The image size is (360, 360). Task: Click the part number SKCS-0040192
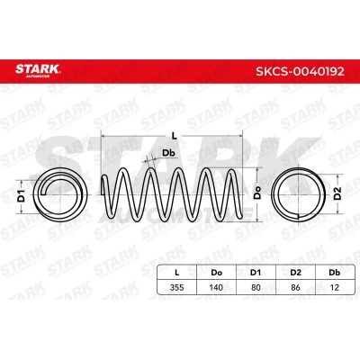300,71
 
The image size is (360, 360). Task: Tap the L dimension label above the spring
174,136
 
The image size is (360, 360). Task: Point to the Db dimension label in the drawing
168,153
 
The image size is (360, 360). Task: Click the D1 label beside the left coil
21,195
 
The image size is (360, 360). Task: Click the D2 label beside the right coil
337,193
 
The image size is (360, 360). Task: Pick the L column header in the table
177,273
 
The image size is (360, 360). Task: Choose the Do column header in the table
216,273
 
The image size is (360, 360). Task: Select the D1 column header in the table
256,273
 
